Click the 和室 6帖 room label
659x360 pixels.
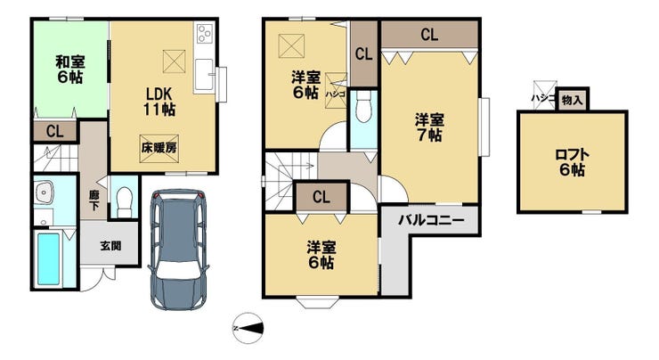[70, 70]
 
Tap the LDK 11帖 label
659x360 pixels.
[159, 102]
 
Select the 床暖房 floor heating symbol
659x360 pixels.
[159, 148]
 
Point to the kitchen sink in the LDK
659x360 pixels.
[205, 76]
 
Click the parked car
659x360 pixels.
[179, 250]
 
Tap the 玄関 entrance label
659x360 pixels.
[110, 246]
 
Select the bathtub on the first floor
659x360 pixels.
[48, 259]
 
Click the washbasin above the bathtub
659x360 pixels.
[44, 193]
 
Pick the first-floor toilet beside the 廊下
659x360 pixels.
[124, 201]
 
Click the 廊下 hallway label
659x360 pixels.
[94, 200]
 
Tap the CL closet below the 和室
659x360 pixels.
[55, 131]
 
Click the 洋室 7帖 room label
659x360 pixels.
[429, 127]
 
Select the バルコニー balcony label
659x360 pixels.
[431, 220]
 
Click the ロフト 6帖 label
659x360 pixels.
[572, 162]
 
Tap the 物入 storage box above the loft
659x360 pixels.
[573, 100]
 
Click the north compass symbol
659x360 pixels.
[248, 328]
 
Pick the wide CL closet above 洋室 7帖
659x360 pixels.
[429, 35]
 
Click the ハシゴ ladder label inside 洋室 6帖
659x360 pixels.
[335, 94]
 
